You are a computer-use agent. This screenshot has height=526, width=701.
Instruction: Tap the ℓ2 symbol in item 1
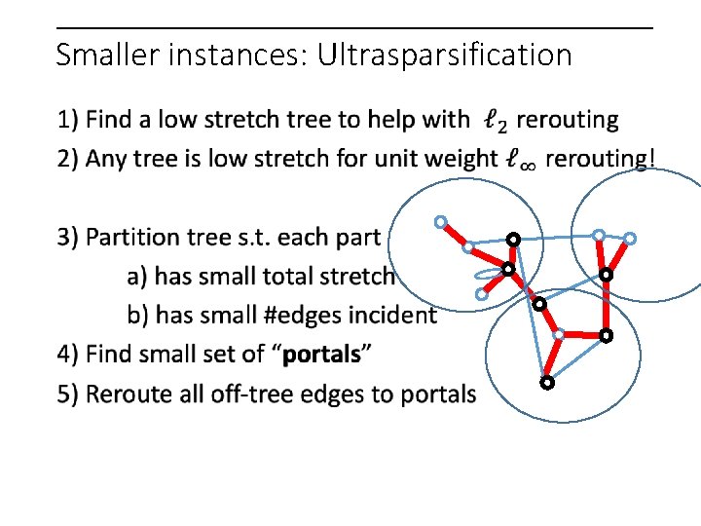495,122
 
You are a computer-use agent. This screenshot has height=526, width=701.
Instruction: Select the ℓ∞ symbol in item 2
520,159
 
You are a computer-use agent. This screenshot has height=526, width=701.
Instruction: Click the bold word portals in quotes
321,354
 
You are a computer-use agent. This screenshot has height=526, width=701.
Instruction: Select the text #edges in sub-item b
316,316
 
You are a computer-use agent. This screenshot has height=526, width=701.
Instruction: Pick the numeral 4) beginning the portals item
68,354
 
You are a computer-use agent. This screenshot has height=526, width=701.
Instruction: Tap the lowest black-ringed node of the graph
547,383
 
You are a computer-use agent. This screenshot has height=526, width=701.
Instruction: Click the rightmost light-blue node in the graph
630,238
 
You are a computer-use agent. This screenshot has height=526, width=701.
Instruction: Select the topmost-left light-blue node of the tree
441,222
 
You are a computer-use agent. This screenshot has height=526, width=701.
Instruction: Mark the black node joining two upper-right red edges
605,276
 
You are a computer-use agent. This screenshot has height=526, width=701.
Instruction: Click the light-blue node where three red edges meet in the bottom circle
558,334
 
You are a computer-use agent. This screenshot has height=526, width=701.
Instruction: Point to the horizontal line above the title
354,27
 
